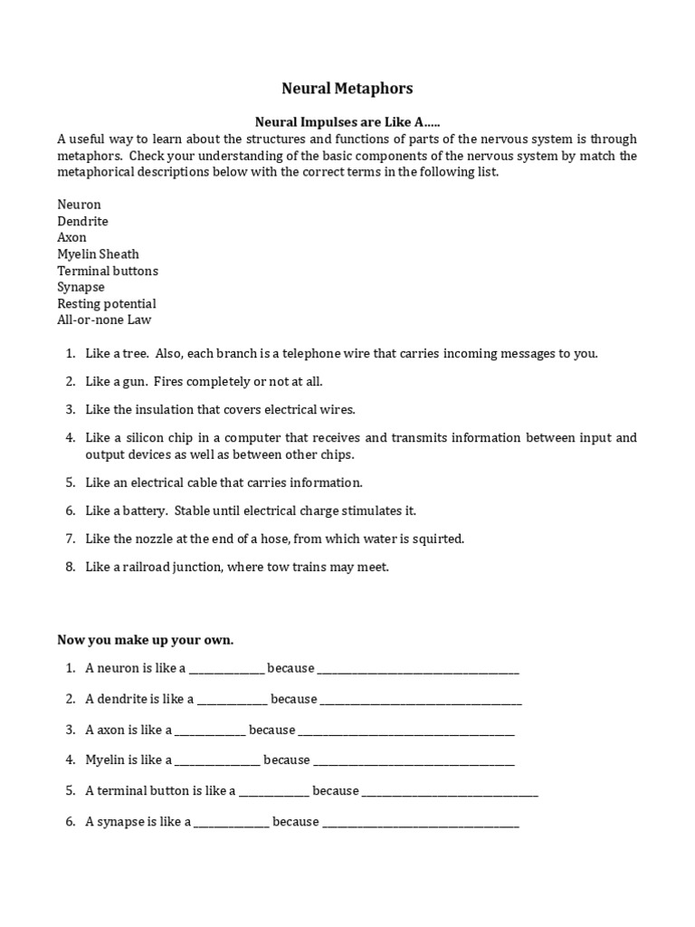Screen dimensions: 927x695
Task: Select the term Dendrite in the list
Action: click(82, 221)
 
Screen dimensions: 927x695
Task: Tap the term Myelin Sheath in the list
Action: click(98, 254)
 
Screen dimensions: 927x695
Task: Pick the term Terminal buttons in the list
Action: click(107, 271)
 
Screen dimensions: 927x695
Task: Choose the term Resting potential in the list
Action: click(106, 303)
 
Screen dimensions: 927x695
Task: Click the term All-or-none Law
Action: click(105, 320)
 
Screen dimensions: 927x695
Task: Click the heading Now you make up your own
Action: click(145, 640)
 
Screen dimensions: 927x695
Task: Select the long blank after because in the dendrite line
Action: click(421, 701)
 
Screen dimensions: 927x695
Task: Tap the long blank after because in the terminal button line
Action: click(450, 793)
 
